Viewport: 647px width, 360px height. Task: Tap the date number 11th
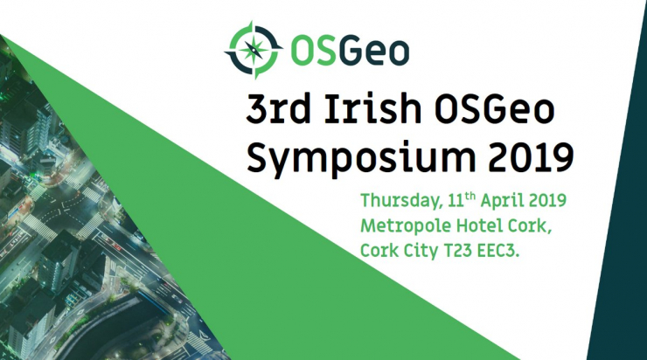453,200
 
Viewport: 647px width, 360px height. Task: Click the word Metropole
401,226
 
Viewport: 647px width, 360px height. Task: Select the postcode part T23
463,251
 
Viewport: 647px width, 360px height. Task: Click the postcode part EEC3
511,251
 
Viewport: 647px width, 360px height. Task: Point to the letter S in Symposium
258,158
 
